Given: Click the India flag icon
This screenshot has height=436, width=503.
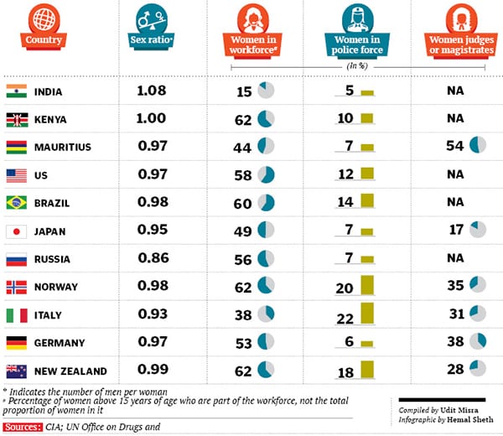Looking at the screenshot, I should tap(16, 91).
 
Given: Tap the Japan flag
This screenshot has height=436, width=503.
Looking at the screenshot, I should tap(16, 231).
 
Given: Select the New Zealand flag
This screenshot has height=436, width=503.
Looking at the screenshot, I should tap(16, 370).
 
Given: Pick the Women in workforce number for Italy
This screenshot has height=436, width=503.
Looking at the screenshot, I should tap(243, 314).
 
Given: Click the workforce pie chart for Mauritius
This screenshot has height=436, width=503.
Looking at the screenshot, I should tap(266, 147).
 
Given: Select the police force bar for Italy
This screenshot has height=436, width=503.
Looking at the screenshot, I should tap(366, 314).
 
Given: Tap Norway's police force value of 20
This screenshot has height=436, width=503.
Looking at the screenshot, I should tap(345, 287).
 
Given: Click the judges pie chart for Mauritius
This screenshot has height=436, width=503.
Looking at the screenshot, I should tap(478, 146).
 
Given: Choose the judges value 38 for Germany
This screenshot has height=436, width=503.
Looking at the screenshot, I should tap(456, 342).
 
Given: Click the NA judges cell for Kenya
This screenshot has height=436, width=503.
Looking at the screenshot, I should tap(456, 119).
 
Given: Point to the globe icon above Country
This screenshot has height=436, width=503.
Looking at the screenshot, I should tap(44, 17).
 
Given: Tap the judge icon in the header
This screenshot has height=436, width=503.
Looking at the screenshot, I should tap(458, 17).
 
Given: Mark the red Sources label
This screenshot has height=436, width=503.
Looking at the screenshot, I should tap(22, 427).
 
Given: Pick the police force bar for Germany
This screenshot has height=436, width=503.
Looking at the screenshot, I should tap(366, 343).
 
